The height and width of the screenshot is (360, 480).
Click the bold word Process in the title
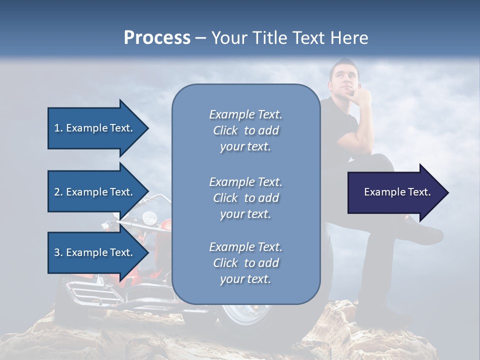pos(157,37)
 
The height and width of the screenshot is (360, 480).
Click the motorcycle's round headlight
pos(148,218)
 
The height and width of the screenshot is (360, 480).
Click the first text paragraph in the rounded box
pos(245,130)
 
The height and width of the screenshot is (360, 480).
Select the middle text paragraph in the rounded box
pos(245,197)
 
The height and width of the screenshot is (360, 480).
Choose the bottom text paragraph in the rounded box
pos(245,263)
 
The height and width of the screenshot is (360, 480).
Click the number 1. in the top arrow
pos(58,128)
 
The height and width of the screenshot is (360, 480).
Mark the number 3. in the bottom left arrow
pos(58,252)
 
